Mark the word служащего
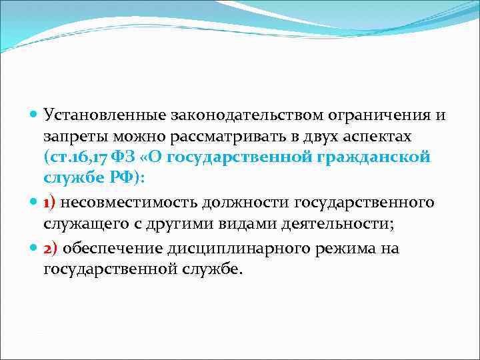78,223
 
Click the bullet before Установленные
35,115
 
